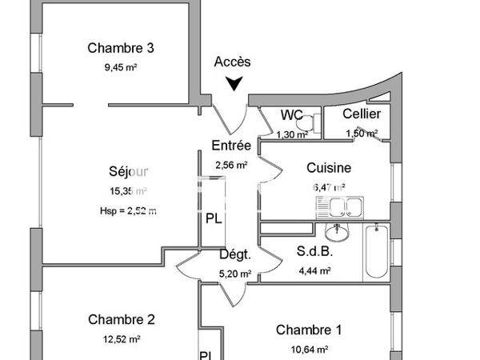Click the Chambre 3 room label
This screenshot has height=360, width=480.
coord(121,48)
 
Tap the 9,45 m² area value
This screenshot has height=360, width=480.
coord(121,67)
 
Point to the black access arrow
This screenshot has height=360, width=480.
coord(234,82)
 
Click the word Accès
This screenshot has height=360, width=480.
coord(233,62)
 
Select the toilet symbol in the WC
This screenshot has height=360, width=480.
coord(314,122)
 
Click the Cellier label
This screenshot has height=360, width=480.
coord(362,114)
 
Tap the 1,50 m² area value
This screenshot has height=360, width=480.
coord(362,134)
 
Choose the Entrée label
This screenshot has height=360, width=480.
coord(231,146)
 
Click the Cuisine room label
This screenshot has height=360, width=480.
coord(329,168)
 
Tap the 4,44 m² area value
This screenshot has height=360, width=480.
coord(314,270)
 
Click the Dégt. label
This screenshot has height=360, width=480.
coord(235,255)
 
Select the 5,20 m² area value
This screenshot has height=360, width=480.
coord(235,274)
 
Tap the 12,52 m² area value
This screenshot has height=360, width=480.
coord(121,338)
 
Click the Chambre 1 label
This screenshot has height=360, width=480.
coord(309,330)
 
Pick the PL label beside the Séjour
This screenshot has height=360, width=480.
coord(214,218)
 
